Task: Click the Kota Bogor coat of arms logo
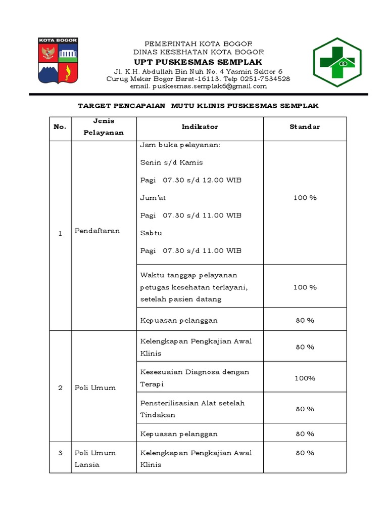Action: pos(58,60)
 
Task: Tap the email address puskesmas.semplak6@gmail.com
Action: pos(198,86)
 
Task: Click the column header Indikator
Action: pos(200,126)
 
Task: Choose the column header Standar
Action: pos(305,126)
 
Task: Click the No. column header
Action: pos(60,126)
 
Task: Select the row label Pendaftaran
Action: pos(98,231)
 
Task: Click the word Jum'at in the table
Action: pos(153,198)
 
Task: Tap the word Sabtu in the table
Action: pos(151,233)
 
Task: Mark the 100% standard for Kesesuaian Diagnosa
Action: pos(305,378)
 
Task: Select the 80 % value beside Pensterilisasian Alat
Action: pos(305,409)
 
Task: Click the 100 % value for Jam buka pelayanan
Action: pos(305,198)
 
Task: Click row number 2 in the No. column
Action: pos(60,387)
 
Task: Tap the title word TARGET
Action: pos(94,106)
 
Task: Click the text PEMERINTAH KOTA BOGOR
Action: pos(199,44)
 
